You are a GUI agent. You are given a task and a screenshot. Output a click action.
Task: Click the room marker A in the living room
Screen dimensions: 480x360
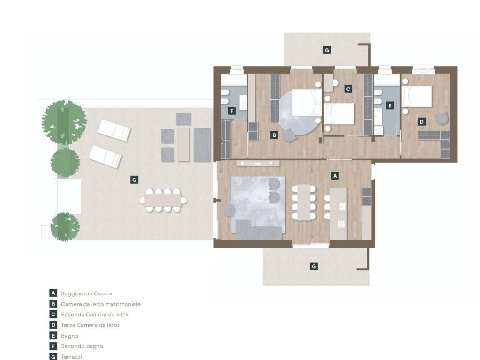(x=335, y=176)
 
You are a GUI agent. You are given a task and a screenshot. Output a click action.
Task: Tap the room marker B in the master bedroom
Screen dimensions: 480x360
(x=274, y=135)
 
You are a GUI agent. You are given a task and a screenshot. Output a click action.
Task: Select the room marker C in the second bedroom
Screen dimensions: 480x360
(x=348, y=89)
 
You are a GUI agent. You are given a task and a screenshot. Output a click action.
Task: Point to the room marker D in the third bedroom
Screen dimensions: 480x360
(x=421, y=122)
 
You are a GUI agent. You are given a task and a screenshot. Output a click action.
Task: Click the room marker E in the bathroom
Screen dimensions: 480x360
(x=390, y=105)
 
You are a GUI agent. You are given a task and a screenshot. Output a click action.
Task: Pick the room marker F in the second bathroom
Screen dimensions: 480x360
(x=232, y=111)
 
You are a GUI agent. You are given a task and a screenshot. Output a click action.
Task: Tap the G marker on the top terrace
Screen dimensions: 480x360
(x=327, y=50)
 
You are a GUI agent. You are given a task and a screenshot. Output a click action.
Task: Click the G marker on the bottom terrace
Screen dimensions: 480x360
(x=314, y=266)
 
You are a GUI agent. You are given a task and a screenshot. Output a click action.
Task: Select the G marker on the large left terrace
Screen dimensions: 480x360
(x=134, y=180)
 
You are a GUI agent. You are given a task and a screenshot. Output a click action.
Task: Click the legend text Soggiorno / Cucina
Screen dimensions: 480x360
(x=87, y=293)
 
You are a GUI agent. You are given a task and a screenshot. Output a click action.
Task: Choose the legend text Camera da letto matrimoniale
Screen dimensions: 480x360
(x=101, y=304)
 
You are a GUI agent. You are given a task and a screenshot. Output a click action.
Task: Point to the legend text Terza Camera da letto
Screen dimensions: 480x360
(x=90, y=325)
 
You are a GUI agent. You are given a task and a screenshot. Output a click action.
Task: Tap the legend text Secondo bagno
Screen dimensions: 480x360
(x=82, y=346)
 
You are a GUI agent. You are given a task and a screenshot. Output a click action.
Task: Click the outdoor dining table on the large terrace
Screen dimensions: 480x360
(x=163, y=200)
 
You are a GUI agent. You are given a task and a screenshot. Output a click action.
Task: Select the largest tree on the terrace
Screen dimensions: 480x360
(x=64, y=122)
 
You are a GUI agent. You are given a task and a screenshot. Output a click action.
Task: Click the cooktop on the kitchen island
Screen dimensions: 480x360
(x=342, y=225)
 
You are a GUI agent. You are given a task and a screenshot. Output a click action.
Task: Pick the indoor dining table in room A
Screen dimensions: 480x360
(x=304, y=202)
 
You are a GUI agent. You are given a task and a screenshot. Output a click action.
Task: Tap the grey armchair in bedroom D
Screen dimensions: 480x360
(x=442, y=118)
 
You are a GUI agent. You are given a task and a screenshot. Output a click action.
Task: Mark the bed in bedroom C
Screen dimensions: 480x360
(x=339, y=113)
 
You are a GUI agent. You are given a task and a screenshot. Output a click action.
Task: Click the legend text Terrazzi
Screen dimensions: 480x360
(x=71, y=357)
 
